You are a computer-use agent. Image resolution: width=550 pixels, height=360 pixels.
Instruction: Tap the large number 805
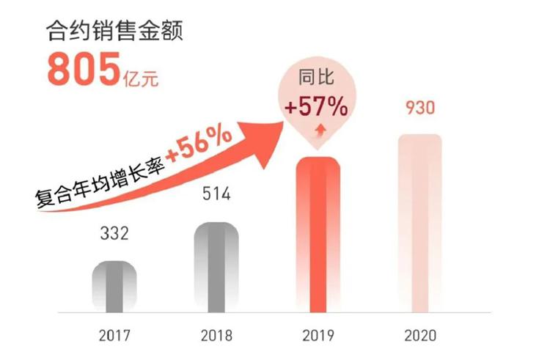(x=83, y=70)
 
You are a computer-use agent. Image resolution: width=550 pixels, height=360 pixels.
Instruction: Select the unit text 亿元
(x=140, y=74)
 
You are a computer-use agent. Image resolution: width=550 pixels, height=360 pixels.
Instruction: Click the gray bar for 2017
(x=114, y=287)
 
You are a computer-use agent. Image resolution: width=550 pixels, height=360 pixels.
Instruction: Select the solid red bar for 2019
(x=318, y=235)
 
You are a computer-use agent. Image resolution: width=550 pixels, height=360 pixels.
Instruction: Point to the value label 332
(x=114, y=235)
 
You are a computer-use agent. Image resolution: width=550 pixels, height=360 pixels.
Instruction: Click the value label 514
(x=216, y=195)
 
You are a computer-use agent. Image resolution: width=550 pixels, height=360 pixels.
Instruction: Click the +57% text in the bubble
(x=317, y=107)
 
